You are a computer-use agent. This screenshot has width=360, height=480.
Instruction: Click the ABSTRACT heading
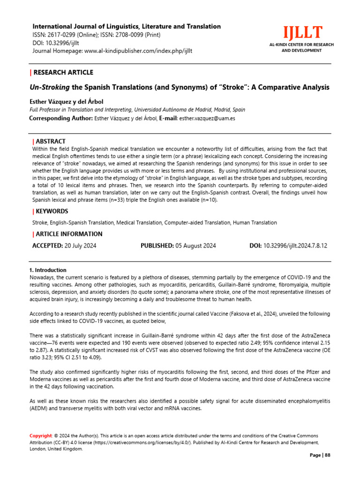51,141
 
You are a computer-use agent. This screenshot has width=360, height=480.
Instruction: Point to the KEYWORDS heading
52,211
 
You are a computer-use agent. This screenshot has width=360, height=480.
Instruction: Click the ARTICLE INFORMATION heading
68,234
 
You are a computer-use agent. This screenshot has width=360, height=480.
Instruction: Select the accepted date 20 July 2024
81,245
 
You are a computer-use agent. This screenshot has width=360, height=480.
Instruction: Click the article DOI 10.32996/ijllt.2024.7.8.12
295,245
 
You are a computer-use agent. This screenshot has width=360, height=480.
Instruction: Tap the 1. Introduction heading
48,270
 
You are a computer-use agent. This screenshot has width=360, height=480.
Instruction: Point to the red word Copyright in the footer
40,436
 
